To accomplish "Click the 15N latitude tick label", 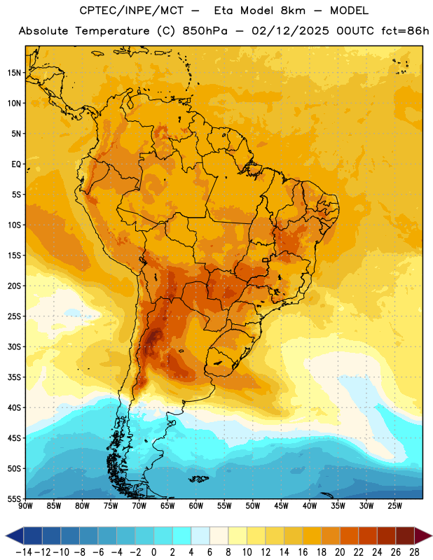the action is tap(14, 73).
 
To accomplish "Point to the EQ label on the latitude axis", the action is tap(16, 164).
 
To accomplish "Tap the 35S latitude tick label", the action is tap(14, 377).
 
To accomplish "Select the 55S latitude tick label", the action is tap(14, 498).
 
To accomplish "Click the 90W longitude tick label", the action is tap(25, 506).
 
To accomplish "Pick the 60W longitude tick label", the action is tap(196, 506).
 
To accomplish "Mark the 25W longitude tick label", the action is tap(394, 506).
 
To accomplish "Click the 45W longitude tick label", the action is tap(281, 506).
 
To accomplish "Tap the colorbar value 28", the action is tap(414, 552).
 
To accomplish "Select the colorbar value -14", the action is tap(24, 552).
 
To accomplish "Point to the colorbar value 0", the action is tap(153, 552).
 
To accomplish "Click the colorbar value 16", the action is tap(303, 552).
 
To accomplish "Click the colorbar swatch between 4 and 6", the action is tap(200, 535).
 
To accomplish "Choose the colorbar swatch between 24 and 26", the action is tap(387, 535).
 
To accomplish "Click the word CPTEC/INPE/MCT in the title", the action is tap(132, 10).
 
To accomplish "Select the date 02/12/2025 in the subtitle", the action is tap(290, 31).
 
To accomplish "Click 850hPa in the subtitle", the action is tap(205, 31).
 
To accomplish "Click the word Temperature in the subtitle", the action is tap(112, 31).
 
